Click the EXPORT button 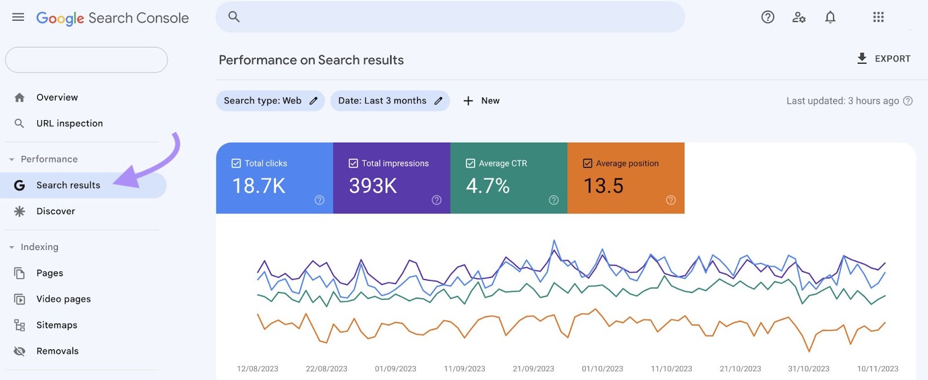883,59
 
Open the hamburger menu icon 18,17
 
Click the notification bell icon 830,17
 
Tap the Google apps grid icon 878,17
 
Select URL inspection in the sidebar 69,124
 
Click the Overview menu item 57,97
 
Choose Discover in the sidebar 56,211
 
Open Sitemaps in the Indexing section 56,325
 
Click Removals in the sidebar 57,351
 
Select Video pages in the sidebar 63,299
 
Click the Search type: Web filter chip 270,101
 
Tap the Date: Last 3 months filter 389,101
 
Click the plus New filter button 481,101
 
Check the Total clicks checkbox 236,164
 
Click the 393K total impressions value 373,186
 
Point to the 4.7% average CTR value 488,186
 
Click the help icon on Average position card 670,200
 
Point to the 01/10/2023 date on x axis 602,369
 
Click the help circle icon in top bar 767,17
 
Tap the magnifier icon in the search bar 234,17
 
